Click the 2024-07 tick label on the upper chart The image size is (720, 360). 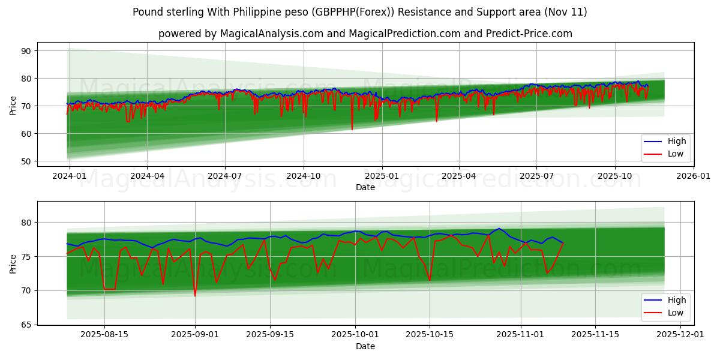[225, 176]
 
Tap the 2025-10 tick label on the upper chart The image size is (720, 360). [614, 176]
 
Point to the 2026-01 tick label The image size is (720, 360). [693, 176]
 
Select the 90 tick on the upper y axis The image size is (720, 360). [26, 51]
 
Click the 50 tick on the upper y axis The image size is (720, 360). [26, 161]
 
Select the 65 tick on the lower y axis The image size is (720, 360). [26, 325]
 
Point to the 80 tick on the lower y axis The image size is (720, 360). [26, 223]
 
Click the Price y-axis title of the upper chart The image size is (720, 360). [13, 105]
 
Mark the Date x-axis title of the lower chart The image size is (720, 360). [365, 346]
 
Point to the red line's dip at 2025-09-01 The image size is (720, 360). [195, 295]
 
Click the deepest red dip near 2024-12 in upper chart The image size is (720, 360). [352, 129]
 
